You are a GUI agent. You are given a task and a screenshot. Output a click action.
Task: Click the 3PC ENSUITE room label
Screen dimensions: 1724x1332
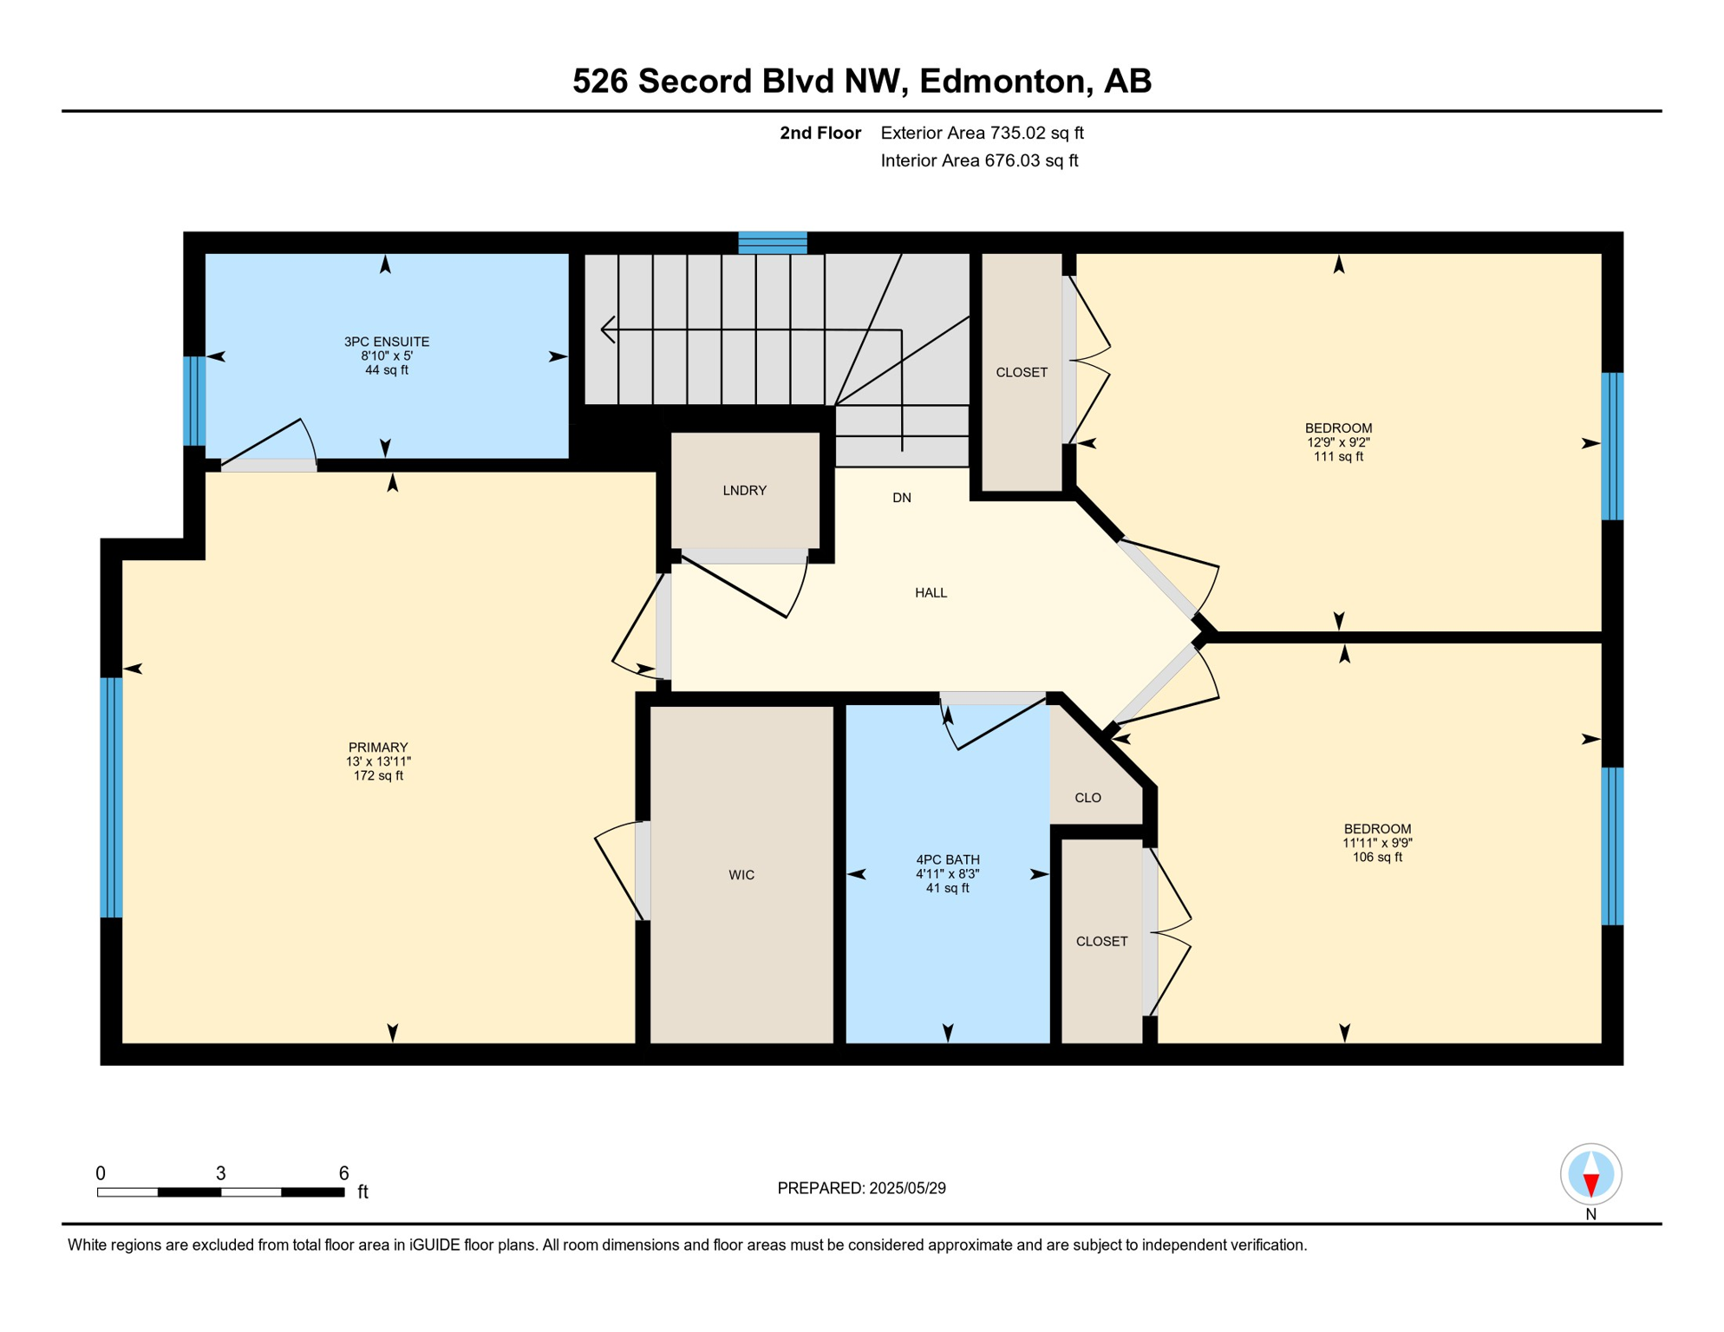click(387, 342)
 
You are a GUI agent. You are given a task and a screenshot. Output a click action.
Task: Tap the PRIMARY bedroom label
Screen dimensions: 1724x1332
click(378, 748)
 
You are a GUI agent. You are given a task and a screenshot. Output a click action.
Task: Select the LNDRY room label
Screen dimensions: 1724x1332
click(744, 491)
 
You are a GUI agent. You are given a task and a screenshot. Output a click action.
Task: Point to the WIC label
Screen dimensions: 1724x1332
click(741, 875)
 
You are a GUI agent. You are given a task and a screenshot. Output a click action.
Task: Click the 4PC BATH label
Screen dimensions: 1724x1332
click(947, 860)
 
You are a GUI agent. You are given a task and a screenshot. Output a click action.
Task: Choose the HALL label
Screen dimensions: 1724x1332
click(931, 593)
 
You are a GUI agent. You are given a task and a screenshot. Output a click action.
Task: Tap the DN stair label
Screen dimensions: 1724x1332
click(902, 498)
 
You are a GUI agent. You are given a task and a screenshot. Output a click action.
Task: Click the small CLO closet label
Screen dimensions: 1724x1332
click(1087, 798)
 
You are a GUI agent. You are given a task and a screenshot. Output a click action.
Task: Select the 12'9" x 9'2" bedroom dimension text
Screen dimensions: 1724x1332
click(1338, 442)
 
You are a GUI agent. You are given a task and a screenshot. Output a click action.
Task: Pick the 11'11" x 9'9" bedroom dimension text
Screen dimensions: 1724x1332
click(1377, 843)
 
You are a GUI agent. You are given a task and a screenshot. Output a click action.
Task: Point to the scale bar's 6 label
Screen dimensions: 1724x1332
click(343, 1173)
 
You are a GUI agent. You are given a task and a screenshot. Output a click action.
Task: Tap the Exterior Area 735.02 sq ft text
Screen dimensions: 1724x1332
click(982, 133)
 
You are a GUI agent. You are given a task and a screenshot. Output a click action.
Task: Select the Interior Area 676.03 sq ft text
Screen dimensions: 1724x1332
click(979, 160)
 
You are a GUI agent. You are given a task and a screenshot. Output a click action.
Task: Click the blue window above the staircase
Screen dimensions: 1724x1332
click(773, 243)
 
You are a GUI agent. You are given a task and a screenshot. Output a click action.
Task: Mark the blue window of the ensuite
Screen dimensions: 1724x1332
click(194, 401)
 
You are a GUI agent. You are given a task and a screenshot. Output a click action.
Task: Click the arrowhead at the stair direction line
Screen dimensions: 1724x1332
click(607, 330)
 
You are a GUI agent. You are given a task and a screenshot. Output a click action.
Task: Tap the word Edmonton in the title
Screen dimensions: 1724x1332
click(1002, 81)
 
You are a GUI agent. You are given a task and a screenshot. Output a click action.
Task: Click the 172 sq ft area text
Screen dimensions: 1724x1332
click(378, 776)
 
